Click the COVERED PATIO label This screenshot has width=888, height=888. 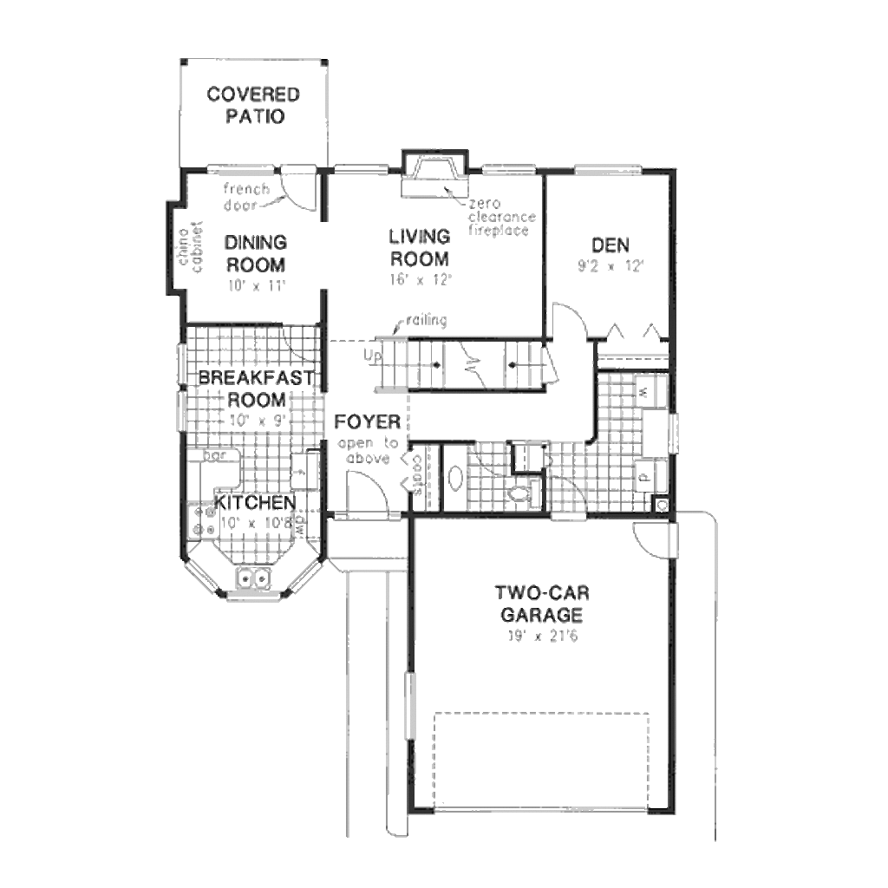coord(252,105)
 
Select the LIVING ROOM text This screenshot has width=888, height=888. coord(420,247)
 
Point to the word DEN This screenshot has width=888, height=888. coord(610,245)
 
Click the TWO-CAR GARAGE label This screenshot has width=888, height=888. coord(541,604)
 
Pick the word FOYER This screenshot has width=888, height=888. coord(368,422)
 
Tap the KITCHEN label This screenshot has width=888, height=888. coord(255,503)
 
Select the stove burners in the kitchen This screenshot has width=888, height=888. coord(205,519)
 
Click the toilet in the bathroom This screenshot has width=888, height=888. coord(521,494)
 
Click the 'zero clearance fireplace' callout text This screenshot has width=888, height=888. coord(502,218)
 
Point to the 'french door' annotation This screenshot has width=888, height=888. coord(246,196)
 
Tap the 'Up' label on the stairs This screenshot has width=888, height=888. coord(372,356)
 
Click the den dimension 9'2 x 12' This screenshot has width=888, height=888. coord(610,266)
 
